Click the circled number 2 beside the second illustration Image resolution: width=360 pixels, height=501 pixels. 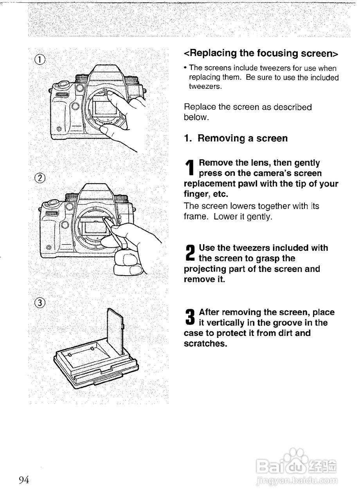coord(40,178)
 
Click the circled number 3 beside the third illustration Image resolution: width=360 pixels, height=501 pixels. coord(40,302)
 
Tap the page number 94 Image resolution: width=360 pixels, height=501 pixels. coord(24,480)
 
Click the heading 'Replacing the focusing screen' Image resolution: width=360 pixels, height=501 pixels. coord(261,53)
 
